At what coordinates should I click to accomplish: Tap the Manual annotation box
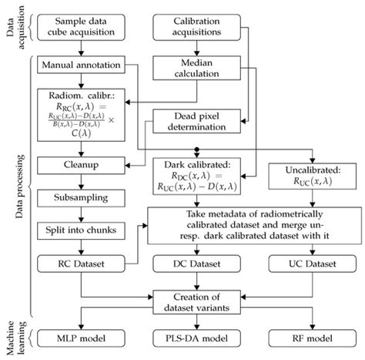click(x=84, y=66)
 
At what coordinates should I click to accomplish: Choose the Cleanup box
click(x=84, y=164)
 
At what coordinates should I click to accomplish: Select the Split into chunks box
click(x=84, y=230)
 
